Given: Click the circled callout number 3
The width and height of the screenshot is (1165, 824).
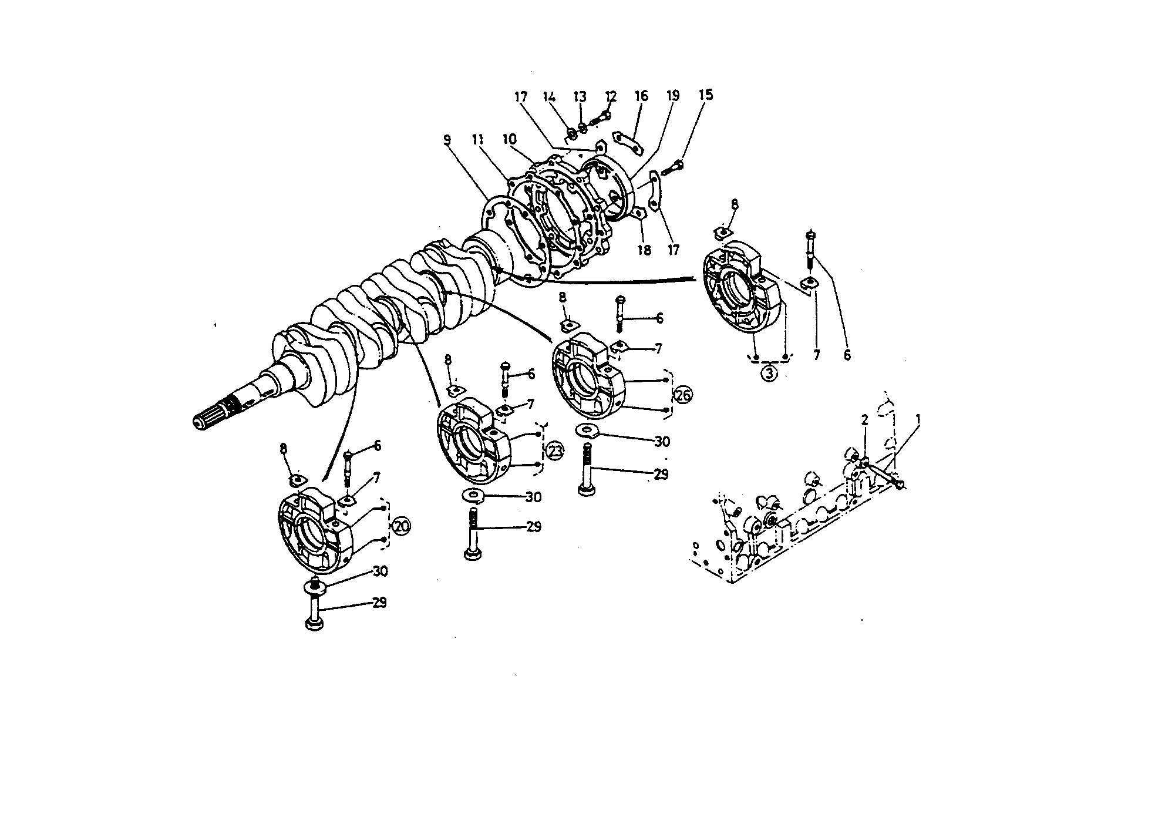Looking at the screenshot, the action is pyautogui.click(x=770, y=372).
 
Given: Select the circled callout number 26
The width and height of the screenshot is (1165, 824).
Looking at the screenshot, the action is pyautogui.click(x=683, y=395).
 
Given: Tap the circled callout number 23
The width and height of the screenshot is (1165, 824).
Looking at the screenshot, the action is pyautogui.click(x=555, y=451).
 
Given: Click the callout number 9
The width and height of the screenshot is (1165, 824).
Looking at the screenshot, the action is pyautogui.click(x=447, y=140).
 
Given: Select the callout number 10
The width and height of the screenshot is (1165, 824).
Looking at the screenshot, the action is pyautogui.click(x=509, y=139).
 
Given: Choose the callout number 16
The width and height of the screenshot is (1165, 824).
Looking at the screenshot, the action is pyautogui.click(x=641, y=95).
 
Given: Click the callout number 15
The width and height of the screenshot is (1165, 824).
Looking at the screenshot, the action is pyautogui.click(x=706, y=95).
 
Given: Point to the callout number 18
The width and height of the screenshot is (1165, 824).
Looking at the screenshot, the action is pyautogui.click(x=644, y=250).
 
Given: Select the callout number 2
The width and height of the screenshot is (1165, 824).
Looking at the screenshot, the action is pyautogui.click(x=864, y=420).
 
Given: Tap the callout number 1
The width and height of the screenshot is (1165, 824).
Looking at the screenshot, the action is pyautogui.click(x=918, y=419).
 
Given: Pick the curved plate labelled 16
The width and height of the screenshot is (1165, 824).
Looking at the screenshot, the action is pyautogui.click(x=627, y=142).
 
